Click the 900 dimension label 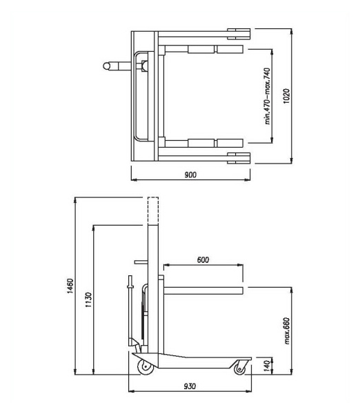click(x=190, y=175)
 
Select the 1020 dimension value click(x=286, y=96)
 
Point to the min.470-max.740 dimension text click(x=268, y=96)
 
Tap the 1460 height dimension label click(x=70, y=286)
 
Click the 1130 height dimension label click(x=89, y=299)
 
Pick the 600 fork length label click(x=203, y=260)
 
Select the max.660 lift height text click(x=287, y=331)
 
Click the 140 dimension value click(x=267, y=366)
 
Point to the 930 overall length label click(x=190, y=386)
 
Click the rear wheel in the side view click(x=146, y=367)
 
